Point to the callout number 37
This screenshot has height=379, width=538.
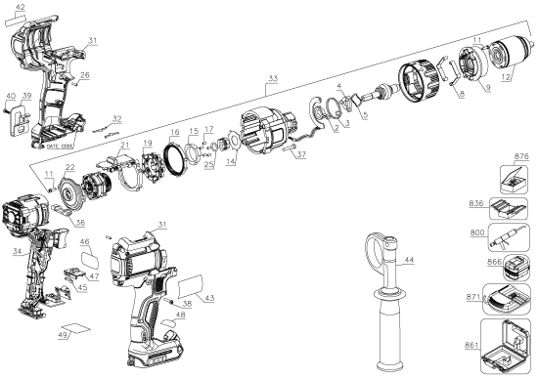300,154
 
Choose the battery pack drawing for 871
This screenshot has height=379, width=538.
510,299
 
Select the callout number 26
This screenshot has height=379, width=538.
84,75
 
